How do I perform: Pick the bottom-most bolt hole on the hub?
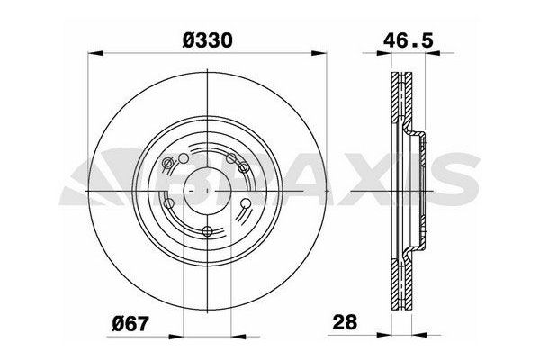[208, 232]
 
